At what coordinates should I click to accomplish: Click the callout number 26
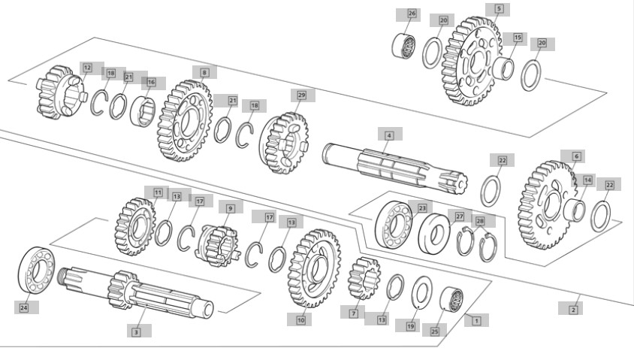coord(412,14)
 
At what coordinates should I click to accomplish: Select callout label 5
coord(499,9)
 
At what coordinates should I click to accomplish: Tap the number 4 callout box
coord(389,135)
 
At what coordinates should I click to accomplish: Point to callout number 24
coord(24,308)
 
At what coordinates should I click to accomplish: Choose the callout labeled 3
coord(136,332)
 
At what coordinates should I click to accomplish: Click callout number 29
coord(301,95)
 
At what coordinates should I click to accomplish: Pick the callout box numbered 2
coord(573,310)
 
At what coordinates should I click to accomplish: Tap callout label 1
coord(476,321)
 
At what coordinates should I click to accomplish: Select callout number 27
coord(459,216)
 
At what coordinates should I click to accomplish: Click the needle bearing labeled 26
coord(404,46)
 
